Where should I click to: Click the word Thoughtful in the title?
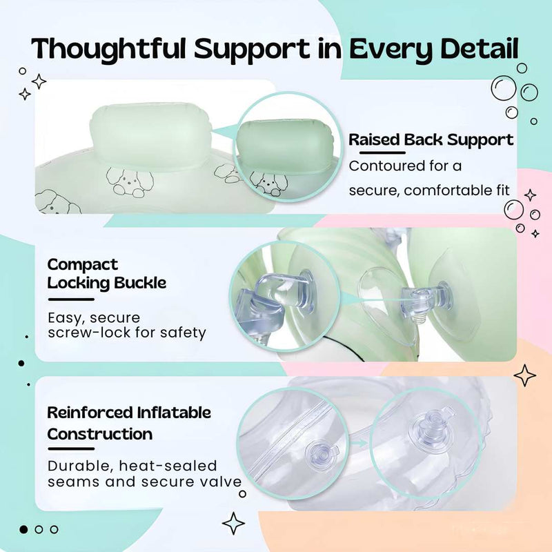108,48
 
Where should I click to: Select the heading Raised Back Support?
431,140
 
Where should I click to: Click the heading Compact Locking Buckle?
107,273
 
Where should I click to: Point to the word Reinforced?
91,413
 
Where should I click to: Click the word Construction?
100,434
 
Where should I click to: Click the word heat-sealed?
168,466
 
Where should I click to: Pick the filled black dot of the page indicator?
23,529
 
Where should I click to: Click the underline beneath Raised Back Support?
382,152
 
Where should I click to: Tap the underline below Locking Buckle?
71,299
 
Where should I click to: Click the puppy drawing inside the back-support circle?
266,182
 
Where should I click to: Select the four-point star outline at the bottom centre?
233,524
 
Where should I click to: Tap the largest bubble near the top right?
504,88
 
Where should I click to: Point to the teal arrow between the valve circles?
359,443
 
